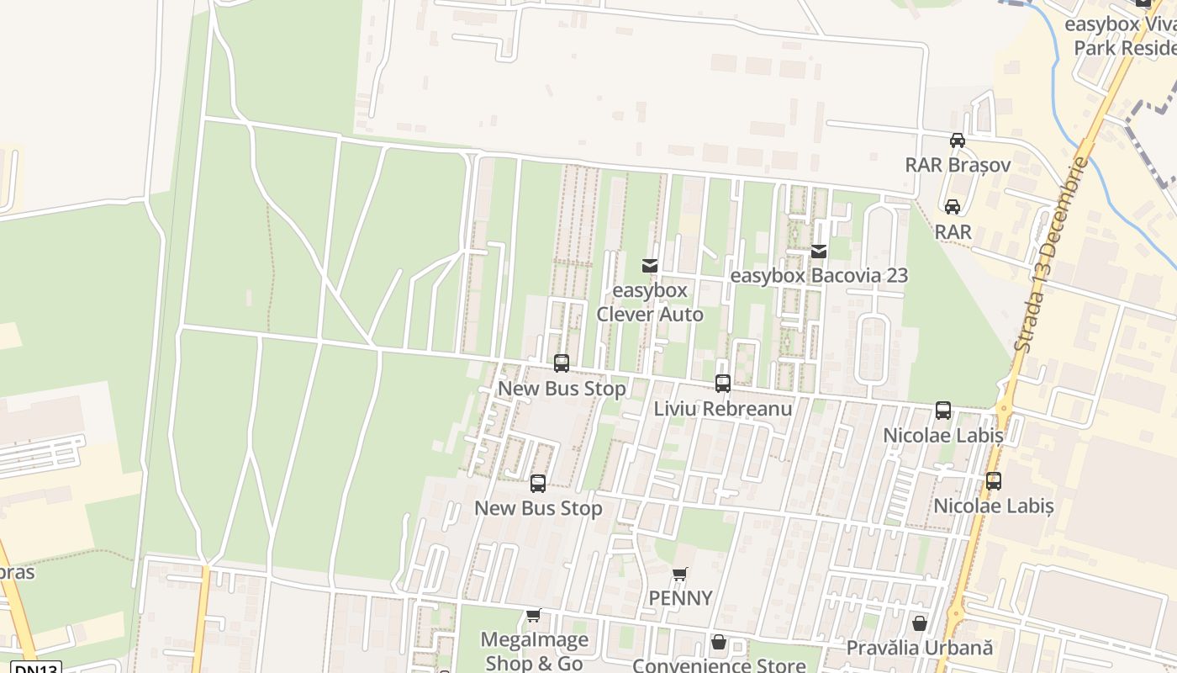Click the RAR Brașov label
tap(958, 165)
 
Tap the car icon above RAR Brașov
tap(958, 140)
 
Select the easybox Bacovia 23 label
tap(819, 276)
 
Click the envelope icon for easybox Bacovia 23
tap(819, 251)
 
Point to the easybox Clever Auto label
tap(649, 303)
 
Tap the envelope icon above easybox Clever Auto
tap(649, 266)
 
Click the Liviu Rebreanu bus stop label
tap(723, 409)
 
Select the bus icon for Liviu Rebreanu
tap(723, 384)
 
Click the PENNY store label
tap(680, 599)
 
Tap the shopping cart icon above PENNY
tap(680, 575)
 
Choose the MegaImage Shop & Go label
tap(534, 652)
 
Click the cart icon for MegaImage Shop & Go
tap(533, 616)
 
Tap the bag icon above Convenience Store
tap(719, 643)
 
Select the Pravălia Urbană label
tap(920, 649)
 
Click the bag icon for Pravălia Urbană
tap(920, 623)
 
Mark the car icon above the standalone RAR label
tap(953, 206)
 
